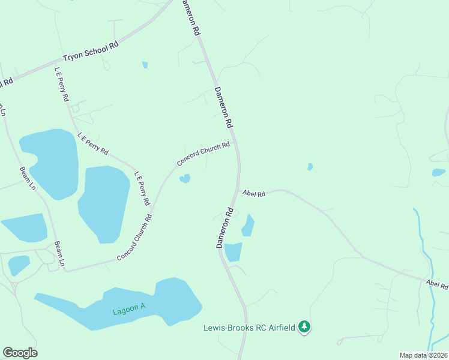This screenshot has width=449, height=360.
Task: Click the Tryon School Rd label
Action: click(91, 52)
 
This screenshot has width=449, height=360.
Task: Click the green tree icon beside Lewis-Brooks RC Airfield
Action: click(306, 326)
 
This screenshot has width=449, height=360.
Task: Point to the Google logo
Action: click(20, 353)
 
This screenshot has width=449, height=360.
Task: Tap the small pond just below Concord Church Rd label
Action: click(185, 178)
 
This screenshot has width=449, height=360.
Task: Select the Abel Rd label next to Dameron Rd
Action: click(254, 193)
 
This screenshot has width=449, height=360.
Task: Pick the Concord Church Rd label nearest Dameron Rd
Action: click(203, 154)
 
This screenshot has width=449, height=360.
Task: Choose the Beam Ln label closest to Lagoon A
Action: click(59, 253)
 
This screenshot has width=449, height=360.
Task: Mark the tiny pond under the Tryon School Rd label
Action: click(145, 65)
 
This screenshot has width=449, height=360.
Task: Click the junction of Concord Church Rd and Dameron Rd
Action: click(236, 143)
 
